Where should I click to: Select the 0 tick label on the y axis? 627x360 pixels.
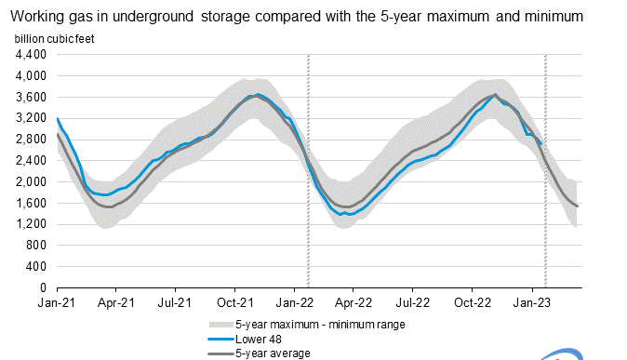(x=45, y=288)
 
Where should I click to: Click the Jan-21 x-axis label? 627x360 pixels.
(x=58, y=303)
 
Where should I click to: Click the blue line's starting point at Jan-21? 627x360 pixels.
(x=58, y=118)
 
